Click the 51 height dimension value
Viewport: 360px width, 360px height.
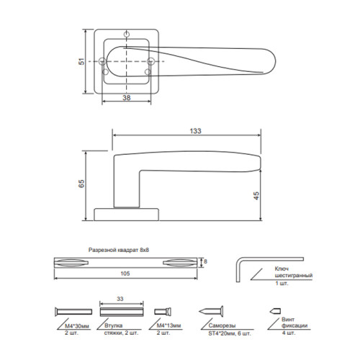pos(82,61)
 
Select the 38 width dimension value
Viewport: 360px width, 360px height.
pos(127,98)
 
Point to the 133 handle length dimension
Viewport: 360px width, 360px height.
pos(195,131)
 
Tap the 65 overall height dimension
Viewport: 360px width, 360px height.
pos(81,184)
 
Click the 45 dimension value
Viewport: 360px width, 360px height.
pos(256,196)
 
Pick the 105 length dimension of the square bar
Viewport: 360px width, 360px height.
pos(125,274)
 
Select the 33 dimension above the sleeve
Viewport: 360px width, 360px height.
pos(120,299)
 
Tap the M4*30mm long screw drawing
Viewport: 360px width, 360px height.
pos(73,312)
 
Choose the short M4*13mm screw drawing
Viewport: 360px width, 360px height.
pos(163,312)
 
